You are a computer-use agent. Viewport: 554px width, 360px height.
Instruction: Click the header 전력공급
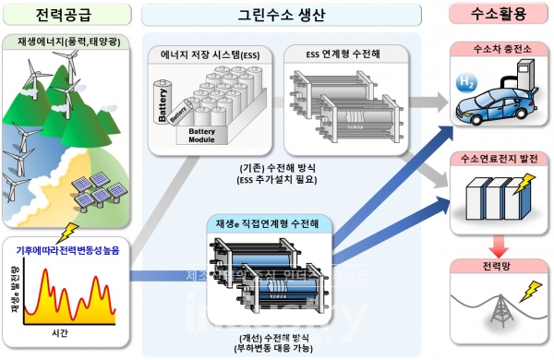pos(68,16)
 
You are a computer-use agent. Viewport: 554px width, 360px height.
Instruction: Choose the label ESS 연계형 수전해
pos(341,53)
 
